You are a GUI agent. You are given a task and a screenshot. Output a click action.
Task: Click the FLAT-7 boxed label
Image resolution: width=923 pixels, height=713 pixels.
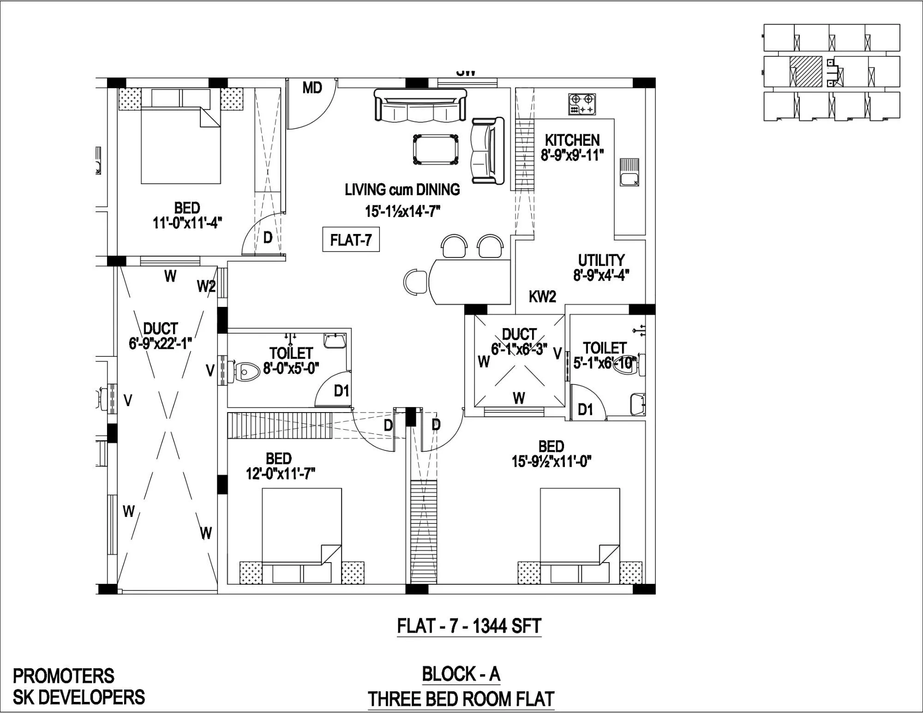pos(351,240)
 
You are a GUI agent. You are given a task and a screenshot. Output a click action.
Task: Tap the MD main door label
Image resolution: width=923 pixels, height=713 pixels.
pos(312,88)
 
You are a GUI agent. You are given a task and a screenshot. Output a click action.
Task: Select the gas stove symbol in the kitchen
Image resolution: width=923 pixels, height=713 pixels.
pos(581,104)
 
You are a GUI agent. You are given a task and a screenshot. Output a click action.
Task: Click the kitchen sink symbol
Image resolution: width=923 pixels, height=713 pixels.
pos(629,172)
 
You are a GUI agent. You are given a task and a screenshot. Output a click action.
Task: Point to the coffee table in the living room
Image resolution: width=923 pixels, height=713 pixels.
pos(436,150)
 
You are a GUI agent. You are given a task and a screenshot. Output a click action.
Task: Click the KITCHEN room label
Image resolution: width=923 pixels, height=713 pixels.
pos(572,140)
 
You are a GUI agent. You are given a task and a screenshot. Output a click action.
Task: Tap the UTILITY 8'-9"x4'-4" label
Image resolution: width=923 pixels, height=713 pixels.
pos(601,268)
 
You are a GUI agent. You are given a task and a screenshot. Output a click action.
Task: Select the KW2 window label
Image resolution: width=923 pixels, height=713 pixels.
pos(542,297)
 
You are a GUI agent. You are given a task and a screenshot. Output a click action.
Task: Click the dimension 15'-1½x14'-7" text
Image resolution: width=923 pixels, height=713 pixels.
pos(402,212)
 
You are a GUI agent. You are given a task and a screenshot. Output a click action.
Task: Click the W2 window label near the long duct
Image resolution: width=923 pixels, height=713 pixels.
pos(206,287)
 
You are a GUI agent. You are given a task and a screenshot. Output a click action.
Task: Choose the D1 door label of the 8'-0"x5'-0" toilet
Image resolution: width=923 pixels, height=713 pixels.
pos(342,391)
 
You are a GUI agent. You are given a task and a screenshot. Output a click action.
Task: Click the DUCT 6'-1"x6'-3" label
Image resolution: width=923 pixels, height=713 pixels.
pos(519,342)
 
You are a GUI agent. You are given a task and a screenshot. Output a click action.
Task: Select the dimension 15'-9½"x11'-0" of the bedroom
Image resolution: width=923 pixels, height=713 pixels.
pos(551,461)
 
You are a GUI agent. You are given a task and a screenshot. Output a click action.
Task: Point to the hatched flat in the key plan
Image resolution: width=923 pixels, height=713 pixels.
pos(806,72)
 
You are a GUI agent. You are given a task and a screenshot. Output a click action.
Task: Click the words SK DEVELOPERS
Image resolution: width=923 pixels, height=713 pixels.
pos(78,697)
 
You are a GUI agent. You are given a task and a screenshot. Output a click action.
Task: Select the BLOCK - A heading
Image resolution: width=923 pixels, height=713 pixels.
pos(461,674)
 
